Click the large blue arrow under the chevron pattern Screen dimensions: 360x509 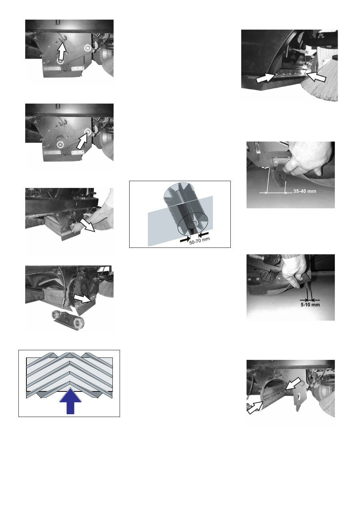(70, 401)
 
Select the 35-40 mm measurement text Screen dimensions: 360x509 (304, 191)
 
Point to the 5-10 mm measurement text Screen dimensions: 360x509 (310, 305)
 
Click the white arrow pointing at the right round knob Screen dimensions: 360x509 (82, 141)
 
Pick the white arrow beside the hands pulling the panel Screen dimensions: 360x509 (88, 225)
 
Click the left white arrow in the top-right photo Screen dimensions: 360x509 (266, 78)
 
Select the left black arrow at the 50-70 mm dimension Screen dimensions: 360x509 (185, 239)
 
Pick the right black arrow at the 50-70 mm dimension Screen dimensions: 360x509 (204, 234)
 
